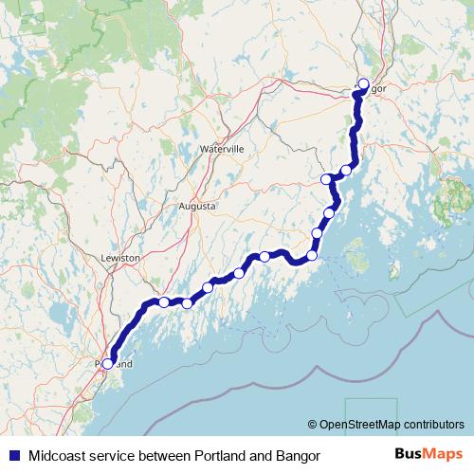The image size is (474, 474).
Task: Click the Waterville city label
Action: [222, 150]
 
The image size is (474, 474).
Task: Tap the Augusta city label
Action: [198, 206]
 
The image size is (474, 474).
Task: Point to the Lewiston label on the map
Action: [119, 257]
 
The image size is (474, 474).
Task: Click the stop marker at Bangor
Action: [363, 83]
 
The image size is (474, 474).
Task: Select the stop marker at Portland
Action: [107, 363]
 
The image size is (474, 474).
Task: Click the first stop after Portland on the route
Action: [164, 302]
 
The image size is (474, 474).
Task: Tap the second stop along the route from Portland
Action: [188, 303]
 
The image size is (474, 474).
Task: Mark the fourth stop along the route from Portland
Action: [239, 273]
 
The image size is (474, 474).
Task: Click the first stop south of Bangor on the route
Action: [346, 170]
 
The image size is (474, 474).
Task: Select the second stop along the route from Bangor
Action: [326, 179]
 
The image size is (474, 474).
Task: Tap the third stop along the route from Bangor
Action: [330, 212]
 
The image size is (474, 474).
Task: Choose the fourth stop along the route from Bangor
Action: [318, 233]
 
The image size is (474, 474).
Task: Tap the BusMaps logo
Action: [428, 454]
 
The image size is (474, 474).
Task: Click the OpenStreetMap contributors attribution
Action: [391, 425]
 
